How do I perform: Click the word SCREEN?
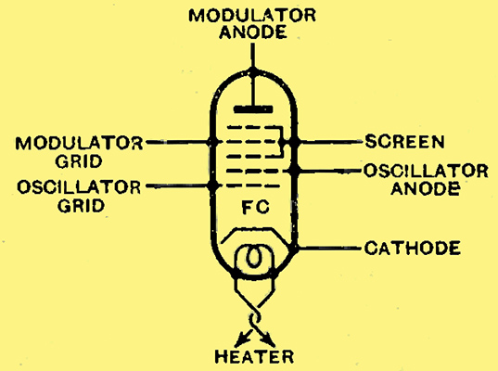pos(404,141)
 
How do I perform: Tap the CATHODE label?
pos(413,248)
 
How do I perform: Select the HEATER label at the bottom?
pos(254,356)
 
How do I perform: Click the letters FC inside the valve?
pos(256,207)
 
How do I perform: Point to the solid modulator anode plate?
pos(253,109)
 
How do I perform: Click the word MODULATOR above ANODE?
pos(252,15)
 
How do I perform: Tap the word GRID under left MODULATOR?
pos(79,161)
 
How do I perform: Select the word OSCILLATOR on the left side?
pos(79,186)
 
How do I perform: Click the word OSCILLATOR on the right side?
pos(426,171)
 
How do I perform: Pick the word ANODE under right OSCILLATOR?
pos(426,188)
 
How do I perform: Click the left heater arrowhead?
pos(240,341)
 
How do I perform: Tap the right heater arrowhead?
pos(269,340)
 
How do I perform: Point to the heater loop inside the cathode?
pos(253,256)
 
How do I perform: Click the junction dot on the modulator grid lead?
pos(212,142)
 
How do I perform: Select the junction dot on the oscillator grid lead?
pos(212,185)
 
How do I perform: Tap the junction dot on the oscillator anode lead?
pos(294,171)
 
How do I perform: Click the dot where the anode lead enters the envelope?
pos(253,70)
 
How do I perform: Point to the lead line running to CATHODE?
pos(328,248)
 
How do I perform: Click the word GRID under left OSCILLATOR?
pos(81,205)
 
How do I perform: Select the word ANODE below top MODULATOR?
pos(253,32)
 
